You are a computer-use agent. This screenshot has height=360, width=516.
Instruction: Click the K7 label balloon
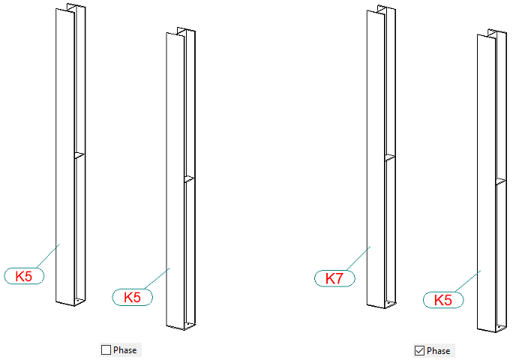coord(334,278)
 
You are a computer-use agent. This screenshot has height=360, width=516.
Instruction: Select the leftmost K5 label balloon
coord(24,276)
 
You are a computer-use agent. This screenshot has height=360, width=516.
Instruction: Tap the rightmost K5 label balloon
coord(443,300)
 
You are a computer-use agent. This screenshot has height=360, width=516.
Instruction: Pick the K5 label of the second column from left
coord(132,297)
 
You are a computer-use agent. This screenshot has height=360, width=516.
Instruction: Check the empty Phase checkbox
coord(106,349)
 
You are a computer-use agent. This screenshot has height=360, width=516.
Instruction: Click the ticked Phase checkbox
coord(419,351)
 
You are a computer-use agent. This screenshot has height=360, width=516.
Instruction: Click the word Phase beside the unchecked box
coord(125,350)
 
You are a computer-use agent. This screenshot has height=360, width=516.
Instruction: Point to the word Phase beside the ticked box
coord(438,351)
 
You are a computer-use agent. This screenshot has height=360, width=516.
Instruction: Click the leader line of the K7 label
coord(358,258)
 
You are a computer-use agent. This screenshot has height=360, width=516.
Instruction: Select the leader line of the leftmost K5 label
coord(48,256)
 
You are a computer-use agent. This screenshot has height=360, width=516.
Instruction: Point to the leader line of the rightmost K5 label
coord(468,281)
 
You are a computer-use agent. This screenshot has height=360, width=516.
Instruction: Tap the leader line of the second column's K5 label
coord(157,279)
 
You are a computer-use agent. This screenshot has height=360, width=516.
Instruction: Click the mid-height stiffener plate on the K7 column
coord(390,157)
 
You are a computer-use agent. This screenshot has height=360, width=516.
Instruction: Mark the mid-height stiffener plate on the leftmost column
coord(79,155)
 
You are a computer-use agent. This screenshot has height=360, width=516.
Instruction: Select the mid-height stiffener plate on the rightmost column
coord(501,181)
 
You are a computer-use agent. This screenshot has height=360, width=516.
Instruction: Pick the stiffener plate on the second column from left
coord(190,179)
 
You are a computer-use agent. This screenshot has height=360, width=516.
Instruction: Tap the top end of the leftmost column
coord(70,7)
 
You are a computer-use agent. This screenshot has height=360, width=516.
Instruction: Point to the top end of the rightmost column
coord(492,33)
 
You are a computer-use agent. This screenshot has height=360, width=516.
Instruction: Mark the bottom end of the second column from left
coord(181,326)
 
